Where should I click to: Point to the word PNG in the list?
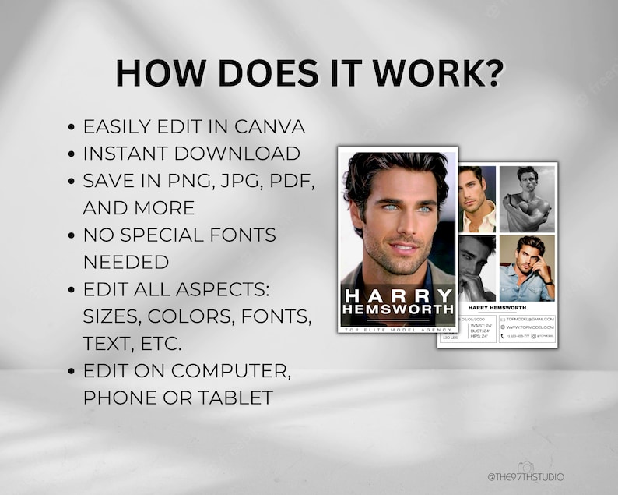point(194,181)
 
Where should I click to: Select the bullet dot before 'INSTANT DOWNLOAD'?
point(72,154)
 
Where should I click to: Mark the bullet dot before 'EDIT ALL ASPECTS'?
point(72,290)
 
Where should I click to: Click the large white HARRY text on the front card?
point(398,295)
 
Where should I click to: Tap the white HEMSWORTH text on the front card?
point(398,310)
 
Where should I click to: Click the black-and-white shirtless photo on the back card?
point(526,198)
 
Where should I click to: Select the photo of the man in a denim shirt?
point(526,267)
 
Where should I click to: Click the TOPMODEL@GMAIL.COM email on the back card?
point(529,319)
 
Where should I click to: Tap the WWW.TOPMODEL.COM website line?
point(529,327)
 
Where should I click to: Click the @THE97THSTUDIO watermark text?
point(525,477)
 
